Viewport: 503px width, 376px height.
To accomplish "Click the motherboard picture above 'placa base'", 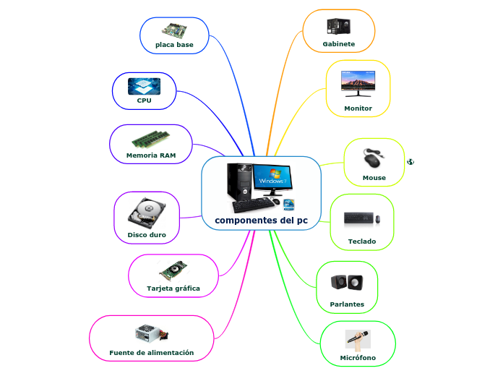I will click(x=174, y=30).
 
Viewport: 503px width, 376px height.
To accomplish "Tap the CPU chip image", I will click(x=144, y=87).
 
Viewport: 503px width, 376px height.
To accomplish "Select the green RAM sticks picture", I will click(x=150, y=138).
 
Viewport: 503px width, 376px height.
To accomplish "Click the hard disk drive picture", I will click(x=147, y=213).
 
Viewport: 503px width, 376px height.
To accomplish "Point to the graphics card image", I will click(x=173, y=271).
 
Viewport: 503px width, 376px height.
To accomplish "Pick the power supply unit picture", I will click(x=151, y=334).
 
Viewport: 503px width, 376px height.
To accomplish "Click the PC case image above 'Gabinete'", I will click(x=338, y=27).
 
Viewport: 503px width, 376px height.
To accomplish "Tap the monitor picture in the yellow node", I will click(x=358, y=83).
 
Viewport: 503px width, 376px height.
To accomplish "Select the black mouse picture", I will click(x=374, y=159).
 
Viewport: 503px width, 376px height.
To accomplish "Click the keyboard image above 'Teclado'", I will click(x=361, y=218).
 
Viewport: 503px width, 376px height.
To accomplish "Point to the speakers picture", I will click(x=347, y=282).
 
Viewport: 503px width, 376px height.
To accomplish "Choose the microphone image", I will click(x=358, y=338).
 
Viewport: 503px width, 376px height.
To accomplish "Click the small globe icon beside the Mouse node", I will click(x=410, y=161).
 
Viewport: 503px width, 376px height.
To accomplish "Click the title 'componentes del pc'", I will click(x=261, y=220).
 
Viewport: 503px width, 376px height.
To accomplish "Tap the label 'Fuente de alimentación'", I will click(x=152, y=352).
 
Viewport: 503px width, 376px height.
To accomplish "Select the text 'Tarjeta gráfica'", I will click(x=173, y=289).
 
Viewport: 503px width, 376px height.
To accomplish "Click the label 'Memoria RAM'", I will click(x=150, y=155).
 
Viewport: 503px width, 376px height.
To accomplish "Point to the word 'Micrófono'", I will click(x=358, y=358).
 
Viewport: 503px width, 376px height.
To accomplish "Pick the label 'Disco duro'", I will click(x=147, y=235).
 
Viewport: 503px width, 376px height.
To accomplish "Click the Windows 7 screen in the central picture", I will click(x=272, y=176).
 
